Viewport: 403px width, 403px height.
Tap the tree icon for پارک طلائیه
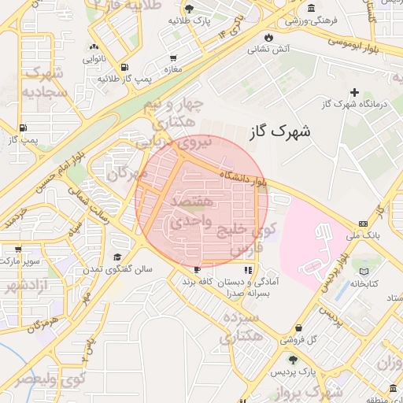click(x=188, y=9)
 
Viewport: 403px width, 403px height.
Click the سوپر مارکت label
click(x=16, y=259)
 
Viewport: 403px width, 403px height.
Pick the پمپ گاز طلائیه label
click(x=124, y=79)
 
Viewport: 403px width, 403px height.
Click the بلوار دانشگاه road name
click(x=245, y=179)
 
